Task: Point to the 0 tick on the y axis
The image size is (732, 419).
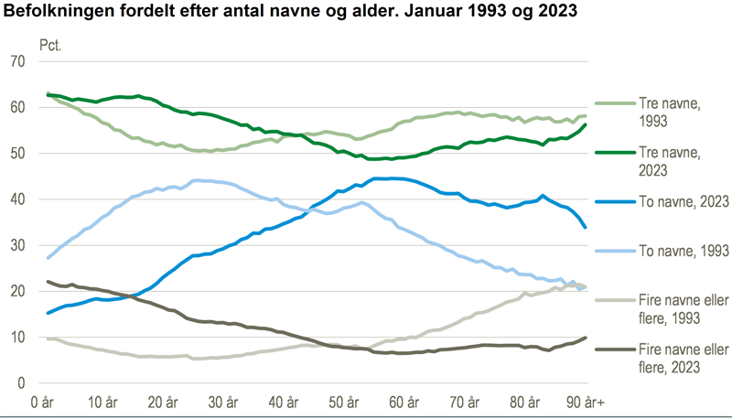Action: point(20,357)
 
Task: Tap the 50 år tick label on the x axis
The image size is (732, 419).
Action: point(345,377)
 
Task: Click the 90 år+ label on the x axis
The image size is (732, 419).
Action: point(586,377)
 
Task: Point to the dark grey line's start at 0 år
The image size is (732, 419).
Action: point(47,282)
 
